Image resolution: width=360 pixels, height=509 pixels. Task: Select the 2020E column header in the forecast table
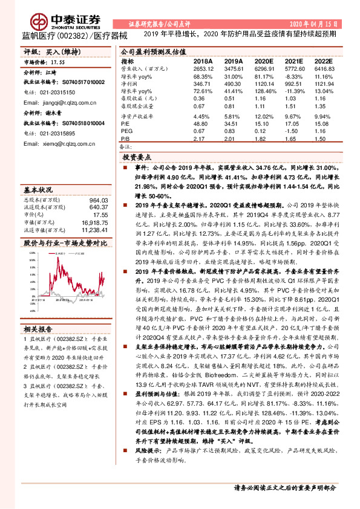pos(264,62)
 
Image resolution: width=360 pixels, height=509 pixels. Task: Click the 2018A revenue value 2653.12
pos(203,70)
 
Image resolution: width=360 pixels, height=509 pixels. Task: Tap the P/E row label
pos(125,120)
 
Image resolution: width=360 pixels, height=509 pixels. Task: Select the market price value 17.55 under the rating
pos(58,62)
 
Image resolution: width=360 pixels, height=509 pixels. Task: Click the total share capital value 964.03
pos(99,199)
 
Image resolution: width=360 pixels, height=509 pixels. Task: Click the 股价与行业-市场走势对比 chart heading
pos(65,242)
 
